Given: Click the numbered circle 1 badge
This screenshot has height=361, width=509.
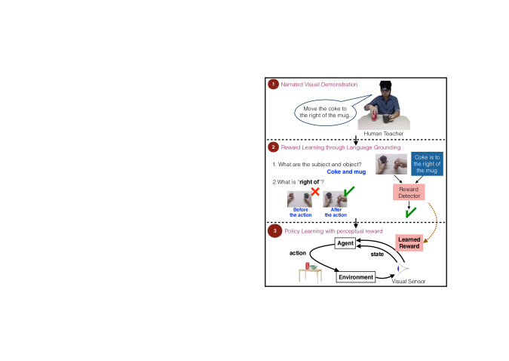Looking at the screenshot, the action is tap(273, 85).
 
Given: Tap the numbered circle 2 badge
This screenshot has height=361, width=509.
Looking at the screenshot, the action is tap(273, 147).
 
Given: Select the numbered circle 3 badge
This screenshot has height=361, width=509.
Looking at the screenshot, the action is tap(274, 231).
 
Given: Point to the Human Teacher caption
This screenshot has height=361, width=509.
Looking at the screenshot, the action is tap(383, 134).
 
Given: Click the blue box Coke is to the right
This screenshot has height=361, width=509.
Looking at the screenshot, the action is tap(427, 164).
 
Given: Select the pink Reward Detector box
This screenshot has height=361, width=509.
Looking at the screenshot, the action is tap(409, 193).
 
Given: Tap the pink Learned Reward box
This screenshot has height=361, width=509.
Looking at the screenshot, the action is tap(409, 243).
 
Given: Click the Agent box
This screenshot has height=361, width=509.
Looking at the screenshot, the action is tap(345, 243).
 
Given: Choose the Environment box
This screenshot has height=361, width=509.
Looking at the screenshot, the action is tap(356, 277).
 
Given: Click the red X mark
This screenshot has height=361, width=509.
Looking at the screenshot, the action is tap(315, 192).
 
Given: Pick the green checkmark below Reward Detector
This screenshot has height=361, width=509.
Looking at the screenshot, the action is tap(411, 213).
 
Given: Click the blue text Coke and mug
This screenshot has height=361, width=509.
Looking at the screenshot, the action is tap(346, 171).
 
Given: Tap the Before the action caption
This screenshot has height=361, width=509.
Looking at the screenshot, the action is tap(301, 212).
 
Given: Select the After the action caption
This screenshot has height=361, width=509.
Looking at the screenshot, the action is tap(336, 212).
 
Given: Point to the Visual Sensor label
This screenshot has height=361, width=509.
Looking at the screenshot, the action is tap(409, 281).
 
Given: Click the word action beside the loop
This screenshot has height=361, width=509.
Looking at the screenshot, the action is tap(298, 253).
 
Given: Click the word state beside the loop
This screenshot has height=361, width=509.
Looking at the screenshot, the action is tap(377, 254).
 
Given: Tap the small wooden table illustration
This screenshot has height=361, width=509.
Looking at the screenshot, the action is tap(311, 273).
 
